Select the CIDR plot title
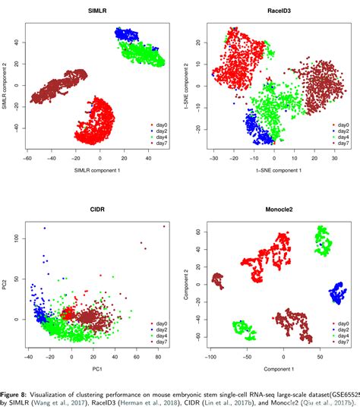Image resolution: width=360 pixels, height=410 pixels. point(97,210)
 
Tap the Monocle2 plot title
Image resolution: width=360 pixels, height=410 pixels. point(275,210)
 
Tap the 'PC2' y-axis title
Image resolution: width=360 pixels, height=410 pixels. point(6,286)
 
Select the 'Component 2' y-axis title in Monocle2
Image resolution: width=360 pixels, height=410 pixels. point(185,286)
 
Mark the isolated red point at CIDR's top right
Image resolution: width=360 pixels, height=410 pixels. point(163,225)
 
